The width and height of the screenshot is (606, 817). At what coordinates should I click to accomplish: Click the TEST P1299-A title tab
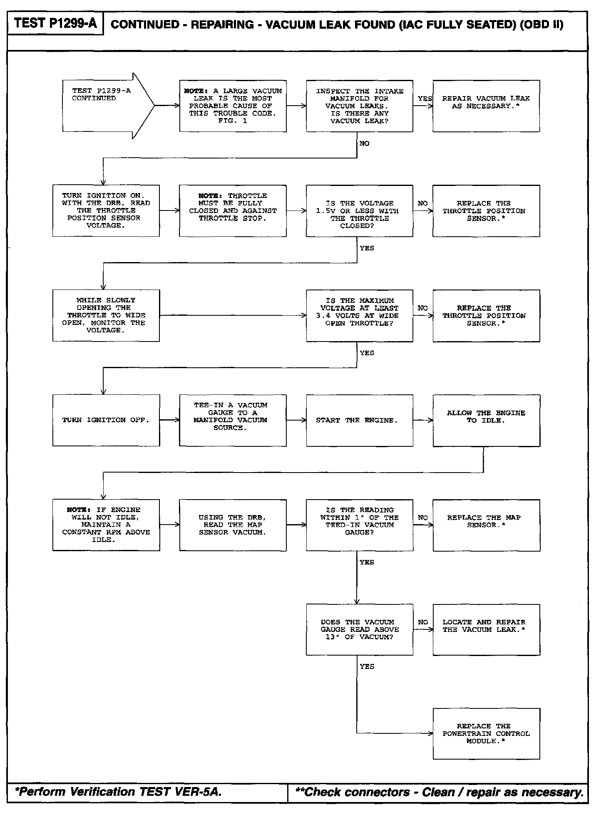point(55,24)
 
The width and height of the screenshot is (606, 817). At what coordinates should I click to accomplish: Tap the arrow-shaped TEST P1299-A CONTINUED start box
point(104,106)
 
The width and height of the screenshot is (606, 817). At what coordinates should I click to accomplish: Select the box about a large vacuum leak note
point(233,106)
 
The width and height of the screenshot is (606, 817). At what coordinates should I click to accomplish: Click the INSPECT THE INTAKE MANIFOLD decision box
point(359,106)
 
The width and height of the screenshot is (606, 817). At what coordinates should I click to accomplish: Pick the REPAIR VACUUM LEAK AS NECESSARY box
point(486,106)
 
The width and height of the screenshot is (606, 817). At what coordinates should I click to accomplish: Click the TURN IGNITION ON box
point(106,211)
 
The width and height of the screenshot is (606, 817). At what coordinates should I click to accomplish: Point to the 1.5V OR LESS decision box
point(359,211)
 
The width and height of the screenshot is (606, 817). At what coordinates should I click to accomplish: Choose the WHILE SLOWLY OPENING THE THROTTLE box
point(106,315)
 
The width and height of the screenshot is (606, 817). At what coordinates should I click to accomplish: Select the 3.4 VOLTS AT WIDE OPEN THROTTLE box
point(359,316)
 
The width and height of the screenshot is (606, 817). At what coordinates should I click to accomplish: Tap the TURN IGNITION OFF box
point(106,420)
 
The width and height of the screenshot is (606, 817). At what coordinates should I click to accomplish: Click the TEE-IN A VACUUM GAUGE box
point(233,420)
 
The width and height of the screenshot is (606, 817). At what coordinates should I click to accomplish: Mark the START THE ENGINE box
point(359,420)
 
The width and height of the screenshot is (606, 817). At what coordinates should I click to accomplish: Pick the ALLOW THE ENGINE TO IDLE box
point(486,420)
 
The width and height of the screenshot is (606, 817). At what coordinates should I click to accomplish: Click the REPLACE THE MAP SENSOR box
point(486,525)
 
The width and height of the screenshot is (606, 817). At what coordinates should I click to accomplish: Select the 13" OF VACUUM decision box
point(359,629)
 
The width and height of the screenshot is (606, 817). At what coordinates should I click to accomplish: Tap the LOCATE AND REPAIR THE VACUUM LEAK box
point(486,629)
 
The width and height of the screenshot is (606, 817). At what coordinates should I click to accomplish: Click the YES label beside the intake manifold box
point(425,99)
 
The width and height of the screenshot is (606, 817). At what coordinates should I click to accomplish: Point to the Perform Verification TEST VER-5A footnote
point(118,792)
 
